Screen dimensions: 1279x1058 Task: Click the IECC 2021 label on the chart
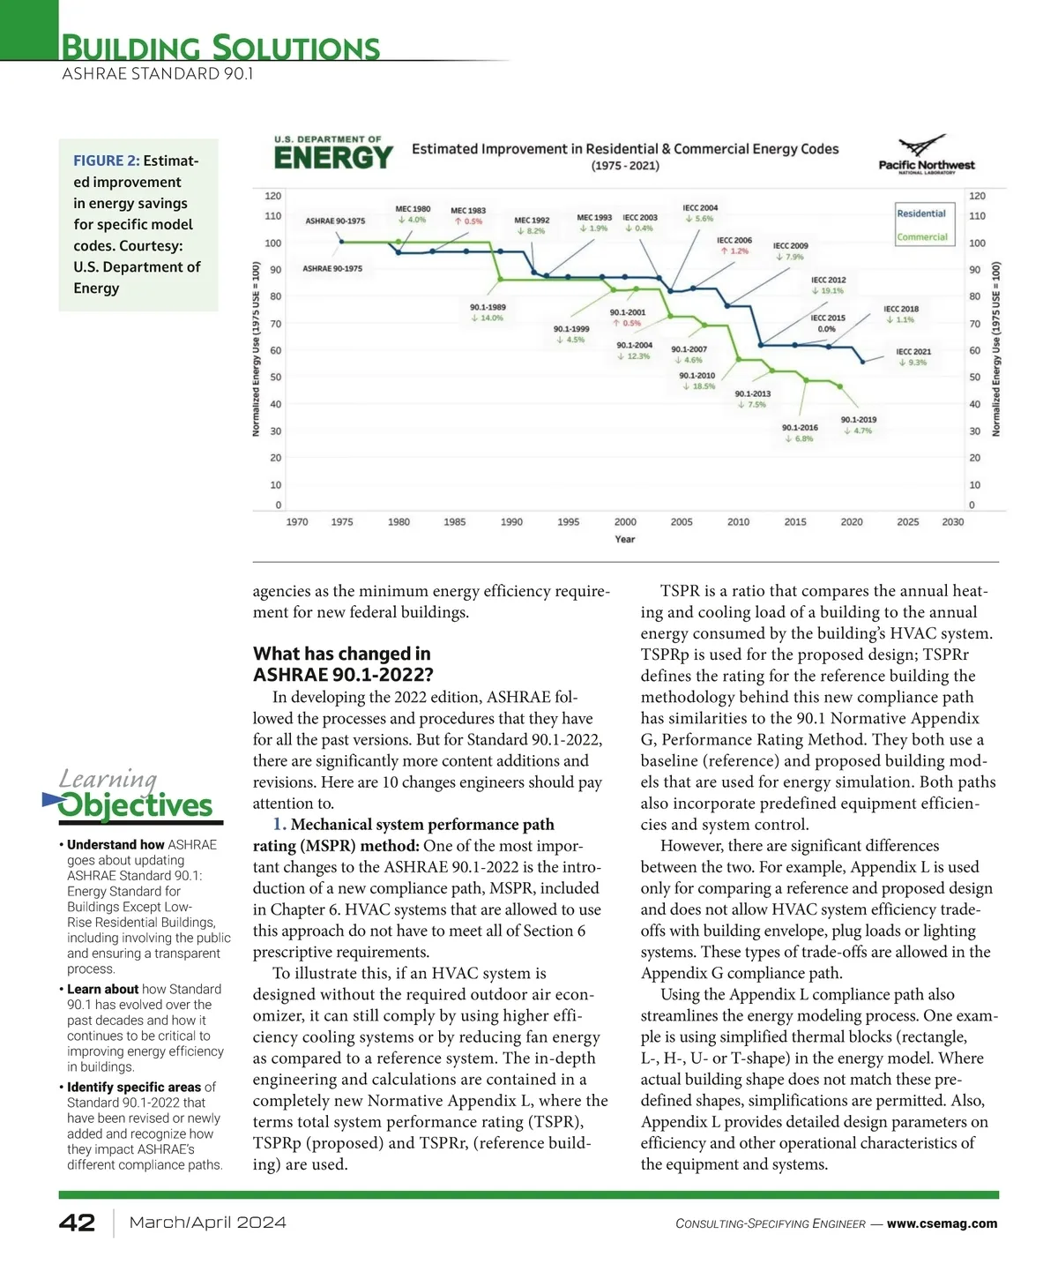point(913,352)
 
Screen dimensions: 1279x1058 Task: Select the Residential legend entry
point(920,213)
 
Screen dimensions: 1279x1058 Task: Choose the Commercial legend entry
point(921,236)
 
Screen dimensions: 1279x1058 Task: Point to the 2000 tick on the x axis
point(625,522)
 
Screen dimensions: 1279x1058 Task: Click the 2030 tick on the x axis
point(952,522)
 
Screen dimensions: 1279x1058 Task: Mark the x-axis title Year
point(624,539)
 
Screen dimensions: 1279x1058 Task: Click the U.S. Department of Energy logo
point(333,153)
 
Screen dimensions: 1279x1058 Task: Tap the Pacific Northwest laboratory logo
point(927,155)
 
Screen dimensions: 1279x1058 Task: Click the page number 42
point(77,1223)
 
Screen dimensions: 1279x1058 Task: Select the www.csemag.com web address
point(942,1223)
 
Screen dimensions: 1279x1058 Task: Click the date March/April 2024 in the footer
point(207,1223)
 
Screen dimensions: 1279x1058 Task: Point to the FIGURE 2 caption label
point(106,161)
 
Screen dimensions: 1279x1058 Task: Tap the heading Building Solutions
point(220,47)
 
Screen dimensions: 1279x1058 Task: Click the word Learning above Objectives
point(108,779)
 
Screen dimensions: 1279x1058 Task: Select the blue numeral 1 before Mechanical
point(279,825)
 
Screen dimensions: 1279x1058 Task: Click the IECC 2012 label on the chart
point(828,280)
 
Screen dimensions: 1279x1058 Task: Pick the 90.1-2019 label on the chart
point(858,420)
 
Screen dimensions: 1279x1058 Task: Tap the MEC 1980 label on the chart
point(413,209)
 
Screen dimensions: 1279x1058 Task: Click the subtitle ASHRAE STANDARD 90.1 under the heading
point(157,74)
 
